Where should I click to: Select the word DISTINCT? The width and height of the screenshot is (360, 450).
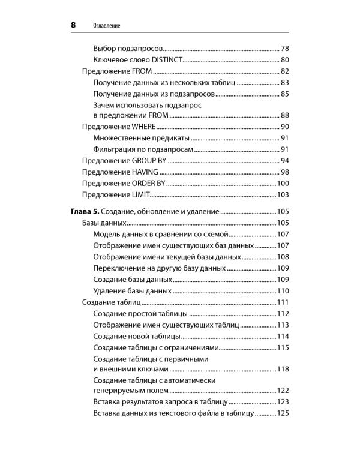tap(164, 60)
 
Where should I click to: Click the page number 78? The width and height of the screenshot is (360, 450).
tap(285, 48)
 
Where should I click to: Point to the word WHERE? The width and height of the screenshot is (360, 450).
tap(143, 127)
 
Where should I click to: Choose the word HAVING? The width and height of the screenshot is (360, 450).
tap(145, 172)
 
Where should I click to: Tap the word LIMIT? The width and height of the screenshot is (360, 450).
tap(139, 195)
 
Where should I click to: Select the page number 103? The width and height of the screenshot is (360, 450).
tap(283, 195)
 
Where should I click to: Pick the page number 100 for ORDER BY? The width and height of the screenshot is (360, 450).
tap(283, 184)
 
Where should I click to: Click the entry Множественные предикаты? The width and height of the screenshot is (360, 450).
tap(138, 138)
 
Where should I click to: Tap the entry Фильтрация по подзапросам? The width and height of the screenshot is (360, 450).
tap(143, 149)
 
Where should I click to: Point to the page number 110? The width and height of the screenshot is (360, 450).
tap(283, 291)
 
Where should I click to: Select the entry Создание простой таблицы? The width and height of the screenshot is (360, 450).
tap(141, 314)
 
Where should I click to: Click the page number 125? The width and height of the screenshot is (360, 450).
tap(283, 414)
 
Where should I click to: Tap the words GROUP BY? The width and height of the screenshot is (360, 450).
tap(148, 161)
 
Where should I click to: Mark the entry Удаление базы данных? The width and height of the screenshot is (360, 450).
tap(133, 291)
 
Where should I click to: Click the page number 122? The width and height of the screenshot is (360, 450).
tap(283, 391)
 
